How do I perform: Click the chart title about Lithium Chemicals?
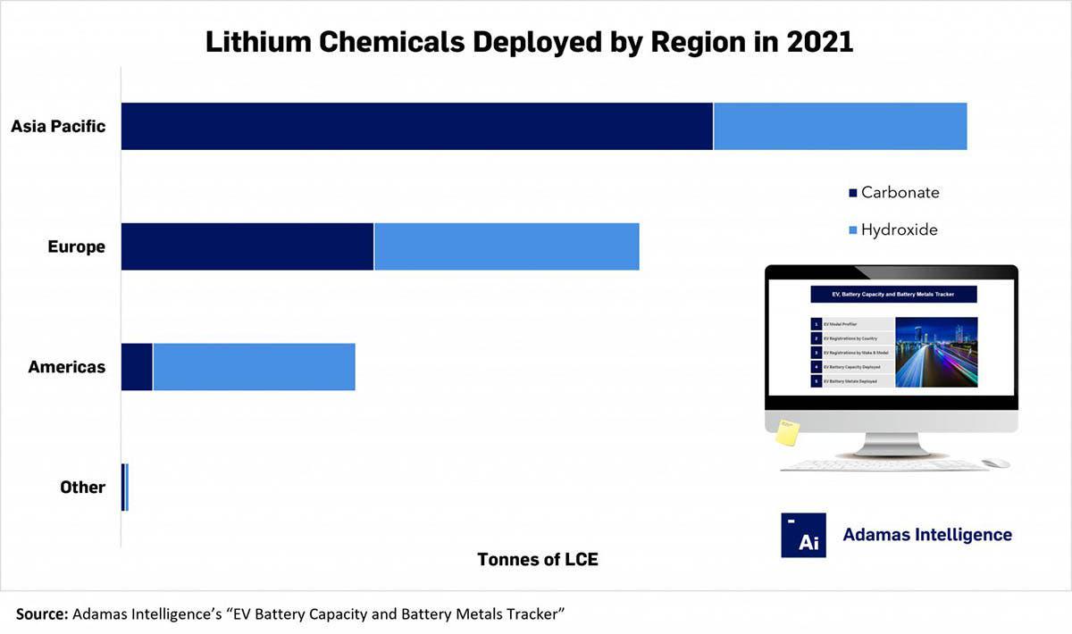(x=529, y=42)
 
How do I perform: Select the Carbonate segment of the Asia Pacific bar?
(x=417, y=126)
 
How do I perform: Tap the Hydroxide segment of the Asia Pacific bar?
(x=840, y=126)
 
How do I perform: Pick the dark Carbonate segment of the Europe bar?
(x=247, y=246)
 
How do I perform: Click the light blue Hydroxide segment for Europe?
(x=507, y=246)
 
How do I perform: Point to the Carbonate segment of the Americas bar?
(x=137, y=367)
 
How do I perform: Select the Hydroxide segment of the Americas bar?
(x=254, y=367)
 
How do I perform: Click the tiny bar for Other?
(x=125, y=488)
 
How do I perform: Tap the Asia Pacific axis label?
(x=58, y=126)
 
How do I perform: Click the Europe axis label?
(x=76, y=246)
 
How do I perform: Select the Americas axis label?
(x=66, y=367)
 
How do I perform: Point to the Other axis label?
(x=82, y=488)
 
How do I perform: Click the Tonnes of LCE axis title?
(x=538, y=560)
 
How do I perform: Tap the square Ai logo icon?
(x=803, y=535)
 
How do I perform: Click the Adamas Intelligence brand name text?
(x=927, y=535)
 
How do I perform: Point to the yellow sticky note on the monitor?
(x=787, y=432)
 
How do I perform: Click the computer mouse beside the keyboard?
(x=995, y=463)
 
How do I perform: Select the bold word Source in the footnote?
(x=41, y=613)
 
